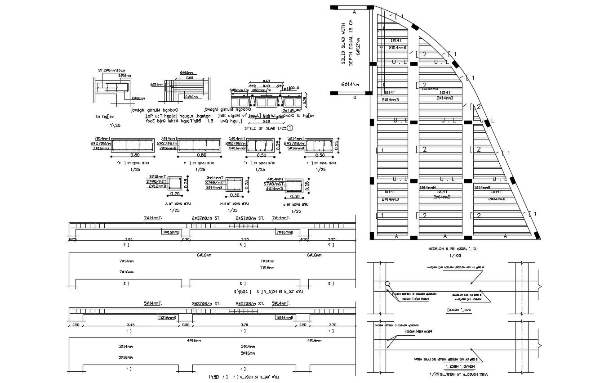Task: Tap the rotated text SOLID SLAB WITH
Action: pos(343,44)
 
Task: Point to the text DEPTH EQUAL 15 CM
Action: pos(351,44)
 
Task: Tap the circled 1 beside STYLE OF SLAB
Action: pos(290,128)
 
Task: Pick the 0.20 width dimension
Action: pos(175,194)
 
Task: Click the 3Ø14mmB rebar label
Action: pos(214,187)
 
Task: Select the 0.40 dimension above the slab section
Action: pos(267,86)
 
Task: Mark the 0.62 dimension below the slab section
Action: pos(266,121)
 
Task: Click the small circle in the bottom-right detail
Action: pos(387,284)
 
